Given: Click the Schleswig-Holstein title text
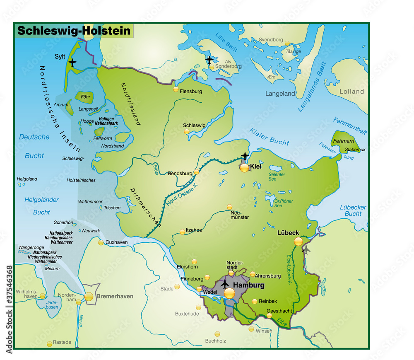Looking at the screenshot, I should (74, 31).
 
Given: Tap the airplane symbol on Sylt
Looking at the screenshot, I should (73, 63).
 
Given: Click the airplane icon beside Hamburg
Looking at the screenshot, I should (224, 284).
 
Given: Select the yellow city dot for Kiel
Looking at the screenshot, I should (245, 168).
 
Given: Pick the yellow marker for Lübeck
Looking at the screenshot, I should (298, 242).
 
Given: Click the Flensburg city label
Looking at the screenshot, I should (191, 91).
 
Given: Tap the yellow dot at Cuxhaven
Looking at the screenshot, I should (101, 243).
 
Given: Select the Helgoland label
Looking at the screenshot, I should (27, 179).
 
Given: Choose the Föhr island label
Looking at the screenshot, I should (85, 97).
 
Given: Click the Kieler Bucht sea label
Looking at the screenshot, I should (269, 137).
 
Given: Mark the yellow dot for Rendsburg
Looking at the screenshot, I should (196, 172).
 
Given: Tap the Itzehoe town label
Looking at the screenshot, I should (194, 230).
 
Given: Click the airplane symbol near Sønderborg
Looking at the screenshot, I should (209, 60).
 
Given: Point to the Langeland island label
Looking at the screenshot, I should (280, 94).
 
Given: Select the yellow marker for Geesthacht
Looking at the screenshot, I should (270, 316).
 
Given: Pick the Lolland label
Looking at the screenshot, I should (351, 92).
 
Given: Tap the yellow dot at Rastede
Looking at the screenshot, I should (50, 344).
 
